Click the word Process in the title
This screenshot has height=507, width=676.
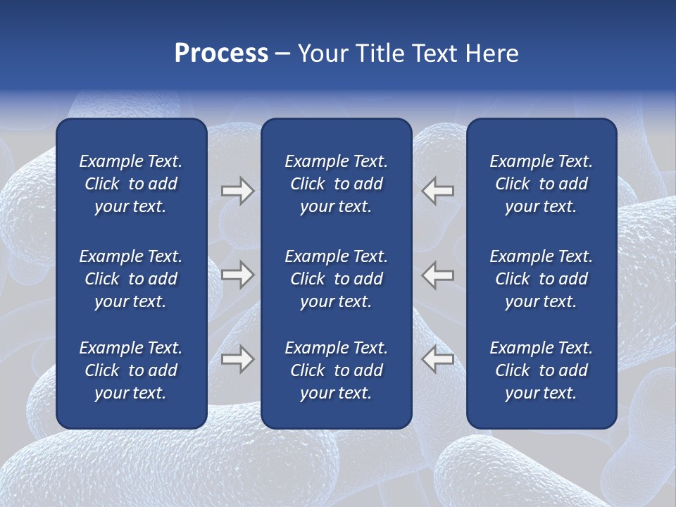pos(221,54)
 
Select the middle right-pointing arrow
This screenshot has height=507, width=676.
pos(237,275)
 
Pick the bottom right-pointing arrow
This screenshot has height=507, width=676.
pos(237,359)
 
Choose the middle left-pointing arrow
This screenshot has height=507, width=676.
pos(438,275)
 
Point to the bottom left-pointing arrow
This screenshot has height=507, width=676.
pos(438,359)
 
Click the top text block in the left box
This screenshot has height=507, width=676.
pos(131,184)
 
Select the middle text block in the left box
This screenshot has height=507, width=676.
pos(131,279)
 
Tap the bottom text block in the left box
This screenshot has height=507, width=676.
pos(131,370)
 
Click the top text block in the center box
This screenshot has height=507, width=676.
pos(336,184)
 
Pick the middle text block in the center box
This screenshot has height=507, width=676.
pos(336,279)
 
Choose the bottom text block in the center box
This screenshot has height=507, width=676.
pos(336,370)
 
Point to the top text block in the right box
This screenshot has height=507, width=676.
pos(541,184)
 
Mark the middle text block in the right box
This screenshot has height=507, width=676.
pos(541,279)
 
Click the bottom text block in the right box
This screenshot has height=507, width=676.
pos(541,370)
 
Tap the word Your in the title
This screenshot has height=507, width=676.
pos(323,54)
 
